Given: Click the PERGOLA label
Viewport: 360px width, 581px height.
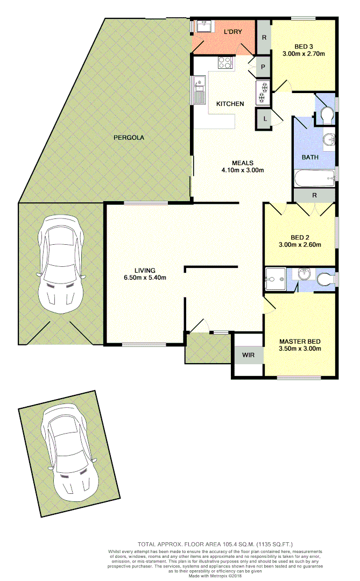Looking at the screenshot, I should click(x=129, y=137).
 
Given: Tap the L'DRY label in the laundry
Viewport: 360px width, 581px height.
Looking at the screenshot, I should click(x=232, y=32).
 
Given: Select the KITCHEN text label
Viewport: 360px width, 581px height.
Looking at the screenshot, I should click(x=230, y=104).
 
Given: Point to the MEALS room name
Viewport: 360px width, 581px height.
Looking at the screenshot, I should click(x=243, y=163).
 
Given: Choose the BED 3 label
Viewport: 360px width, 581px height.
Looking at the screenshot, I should click(x=303, y=46).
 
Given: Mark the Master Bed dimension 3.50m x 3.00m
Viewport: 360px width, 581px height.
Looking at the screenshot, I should click(x=300, y=349).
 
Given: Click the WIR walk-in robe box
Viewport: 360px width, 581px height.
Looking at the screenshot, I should click(x=248, y=355).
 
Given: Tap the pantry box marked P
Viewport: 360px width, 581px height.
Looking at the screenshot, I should click(x=263, y=67).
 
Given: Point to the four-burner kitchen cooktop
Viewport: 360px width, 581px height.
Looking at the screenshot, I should click(x=224, y=62).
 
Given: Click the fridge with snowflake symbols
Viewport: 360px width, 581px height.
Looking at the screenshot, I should click(x=263, y=92).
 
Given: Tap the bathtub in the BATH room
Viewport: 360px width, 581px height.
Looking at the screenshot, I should click(x=313, y=178).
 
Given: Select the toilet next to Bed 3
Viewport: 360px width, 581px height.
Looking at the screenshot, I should click(x=326, y=114).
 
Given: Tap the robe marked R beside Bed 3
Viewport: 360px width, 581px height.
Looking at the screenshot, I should click(x=264, y=38).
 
